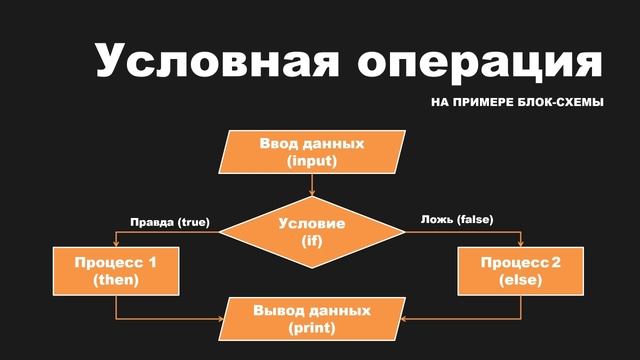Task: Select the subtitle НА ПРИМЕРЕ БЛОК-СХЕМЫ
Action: pos(517,104)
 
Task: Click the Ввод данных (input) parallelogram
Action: pos(312,151)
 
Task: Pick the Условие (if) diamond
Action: pos(312,231)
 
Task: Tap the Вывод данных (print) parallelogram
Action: pos(312,319)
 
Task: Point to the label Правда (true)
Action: pos(170,221)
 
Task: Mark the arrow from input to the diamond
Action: pos(313,184)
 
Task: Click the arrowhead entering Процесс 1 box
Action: pos(116,243)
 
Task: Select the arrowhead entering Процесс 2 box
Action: pos(520,243)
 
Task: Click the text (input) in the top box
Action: pos(312,160)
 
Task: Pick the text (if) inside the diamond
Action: pos(312,241)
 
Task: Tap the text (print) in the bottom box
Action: pos(312,328)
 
